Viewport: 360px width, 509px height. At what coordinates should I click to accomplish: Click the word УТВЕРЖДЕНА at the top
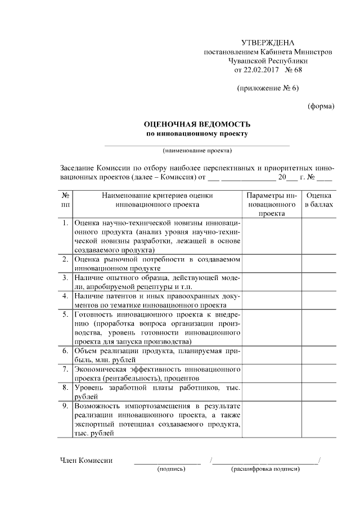[x=268, y=43]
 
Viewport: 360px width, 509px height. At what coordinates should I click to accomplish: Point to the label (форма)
[x=321, y=106]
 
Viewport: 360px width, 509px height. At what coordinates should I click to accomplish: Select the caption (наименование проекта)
[x=197, y=151]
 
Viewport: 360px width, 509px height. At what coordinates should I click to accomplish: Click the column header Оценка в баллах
[x=318, y=200]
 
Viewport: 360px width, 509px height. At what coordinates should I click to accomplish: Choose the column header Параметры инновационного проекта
[x=272, y=204]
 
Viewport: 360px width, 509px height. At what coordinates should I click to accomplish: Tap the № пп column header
[x=66, y=200]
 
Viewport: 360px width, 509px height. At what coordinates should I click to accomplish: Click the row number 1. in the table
[x=66, y=224]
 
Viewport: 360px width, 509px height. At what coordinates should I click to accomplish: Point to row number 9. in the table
[x=66, y=406]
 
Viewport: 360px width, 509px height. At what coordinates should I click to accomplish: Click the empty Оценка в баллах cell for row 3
[x=318, y=282]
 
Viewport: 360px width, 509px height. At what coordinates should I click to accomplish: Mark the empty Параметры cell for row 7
[x=272, y=374]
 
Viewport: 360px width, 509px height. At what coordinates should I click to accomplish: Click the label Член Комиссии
[x=86, y=461]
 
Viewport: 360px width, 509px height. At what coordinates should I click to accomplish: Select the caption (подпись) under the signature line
[x=172, y=469]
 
